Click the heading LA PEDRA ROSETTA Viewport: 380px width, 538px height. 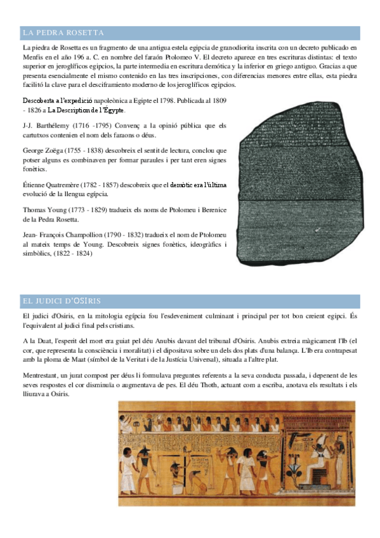coord(63,33)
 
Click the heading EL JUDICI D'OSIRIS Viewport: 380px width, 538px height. coord(61,300)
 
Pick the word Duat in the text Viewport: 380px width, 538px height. coord(41,341)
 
